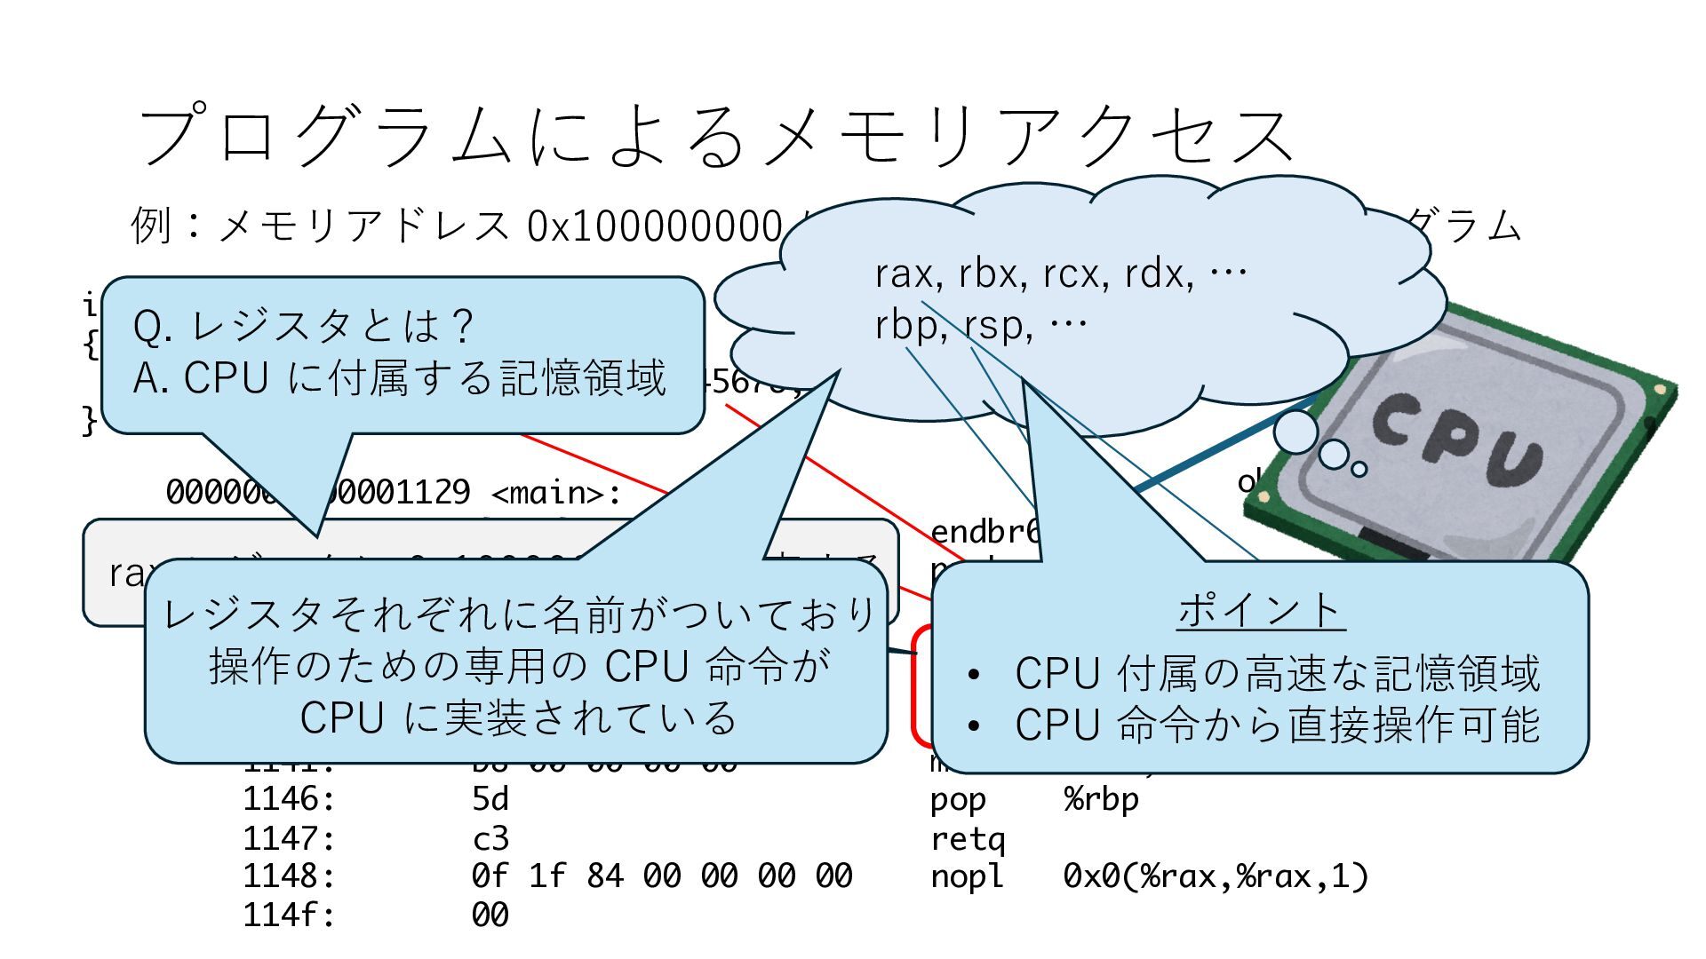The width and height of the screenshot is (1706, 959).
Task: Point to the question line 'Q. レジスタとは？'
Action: pyautogui.click(x=303, y=326)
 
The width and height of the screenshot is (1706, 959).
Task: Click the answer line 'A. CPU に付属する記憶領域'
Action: pyautogui.click(x=399, y=378)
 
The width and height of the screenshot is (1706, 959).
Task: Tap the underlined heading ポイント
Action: pyautogui.click(x=1260, y=610)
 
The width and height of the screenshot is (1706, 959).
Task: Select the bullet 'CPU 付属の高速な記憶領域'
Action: pyautogui.click(x=1277, y=673)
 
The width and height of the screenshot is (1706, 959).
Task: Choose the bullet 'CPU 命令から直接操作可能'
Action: pyautogui.click(x=1277, y=725)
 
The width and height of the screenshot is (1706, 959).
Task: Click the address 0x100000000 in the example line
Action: pyautogui.click(x=654, y=226)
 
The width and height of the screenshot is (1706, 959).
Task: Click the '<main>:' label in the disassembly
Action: pyautogui.click(x=556, y=492)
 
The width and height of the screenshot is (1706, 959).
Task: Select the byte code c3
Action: pyautogui.click(x=490, y=838)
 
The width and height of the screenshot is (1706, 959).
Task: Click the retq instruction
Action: pyautogui.click(x=968, y=838)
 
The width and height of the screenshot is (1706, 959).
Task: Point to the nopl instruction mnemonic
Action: pyautogui.click(x=968, y=876)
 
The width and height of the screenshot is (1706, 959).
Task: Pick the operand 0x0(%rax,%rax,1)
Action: pyautogui.click(x=1215, y=876)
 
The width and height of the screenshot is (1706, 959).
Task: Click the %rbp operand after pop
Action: pyautogui.click(x=1101, y=799)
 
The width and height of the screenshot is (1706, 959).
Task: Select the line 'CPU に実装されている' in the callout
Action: pyautogui.click(x=517, y=717)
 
